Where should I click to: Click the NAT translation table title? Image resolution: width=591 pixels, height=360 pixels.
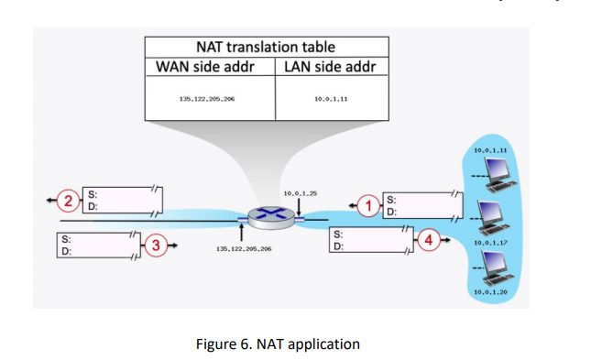pos(266,46)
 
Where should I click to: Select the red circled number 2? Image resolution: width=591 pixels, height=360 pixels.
pos(65,199)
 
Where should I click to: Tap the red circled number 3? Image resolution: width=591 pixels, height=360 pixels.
pos(157,245)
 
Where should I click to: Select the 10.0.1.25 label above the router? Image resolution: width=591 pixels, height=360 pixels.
pos(300,194)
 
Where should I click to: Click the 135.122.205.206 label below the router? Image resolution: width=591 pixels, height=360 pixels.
pos(242,249)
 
